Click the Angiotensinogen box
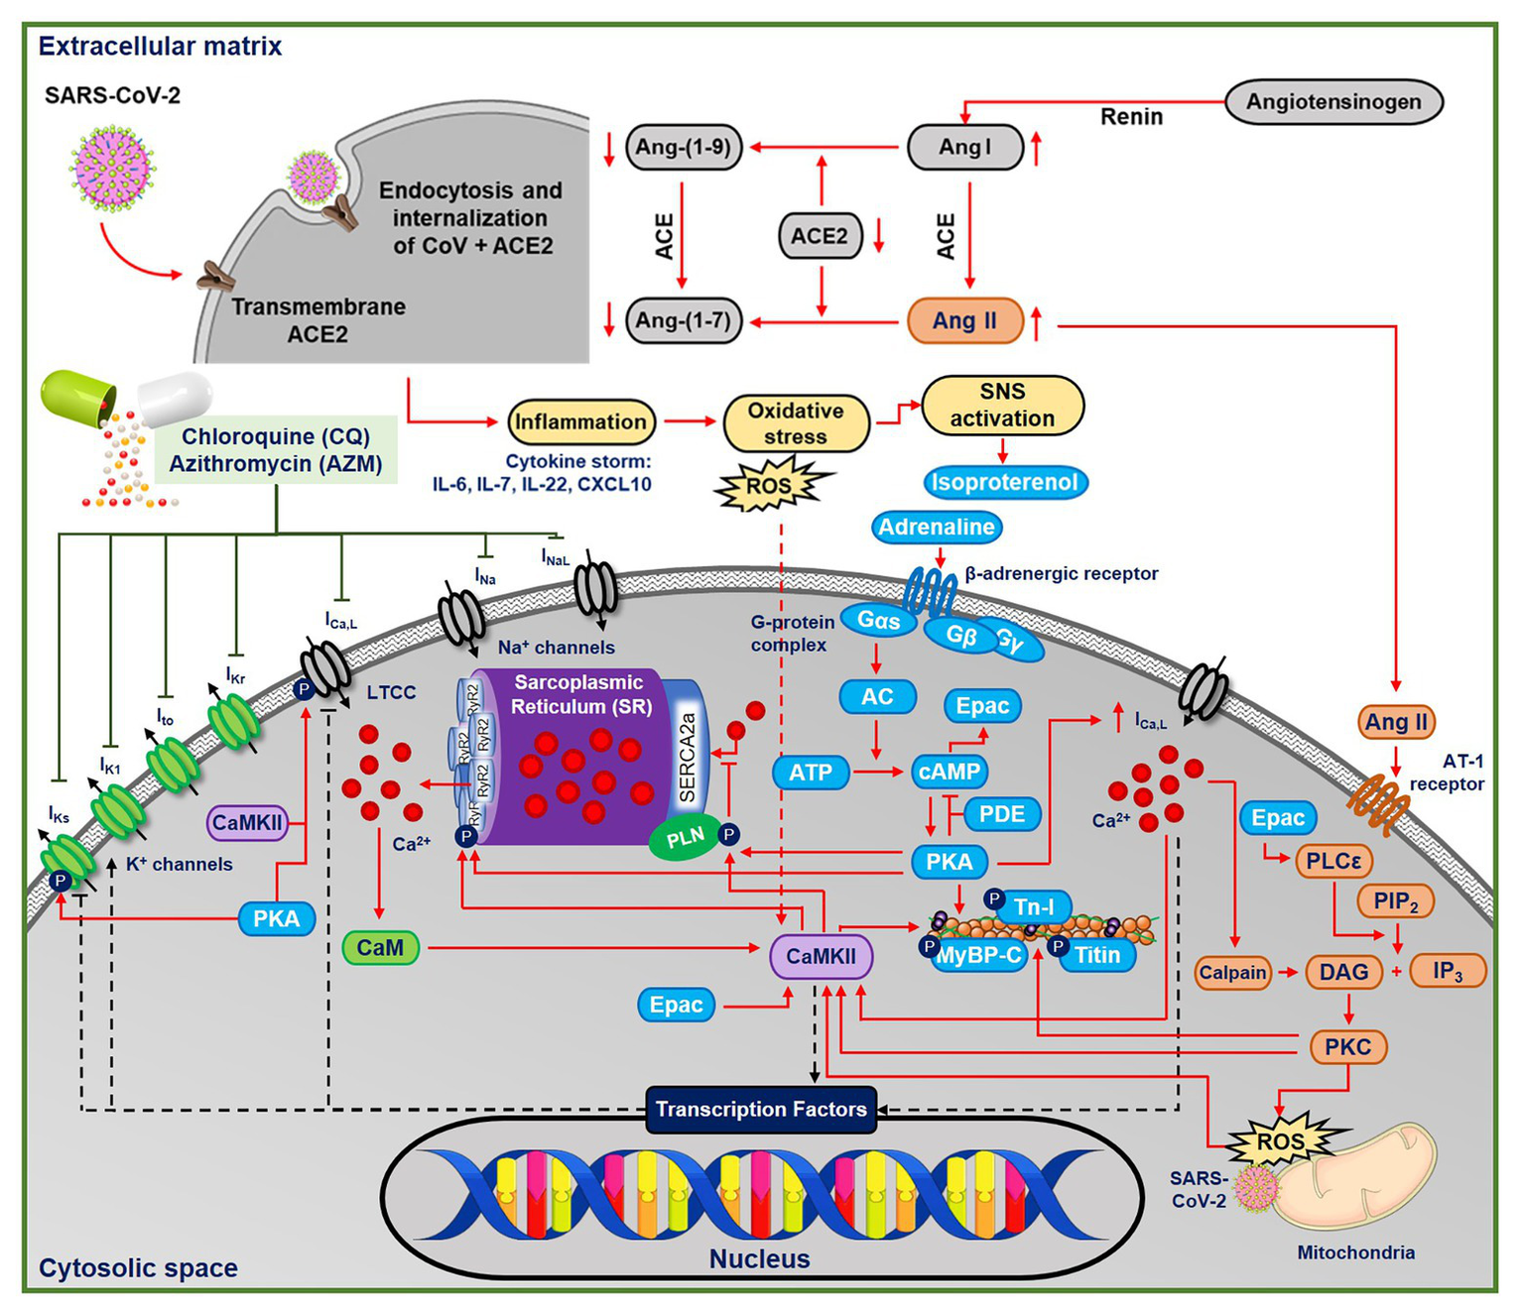1333,102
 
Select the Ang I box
964,148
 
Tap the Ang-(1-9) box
684,148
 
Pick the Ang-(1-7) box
684,321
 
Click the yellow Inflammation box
580,422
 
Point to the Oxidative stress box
796,423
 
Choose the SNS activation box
1002,405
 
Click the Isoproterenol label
1004,483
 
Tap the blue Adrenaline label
937,528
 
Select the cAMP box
950,772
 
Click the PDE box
1001,814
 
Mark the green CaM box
380,948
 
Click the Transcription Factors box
761,1110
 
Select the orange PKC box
1347,1047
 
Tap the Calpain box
1232,973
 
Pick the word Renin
1131,117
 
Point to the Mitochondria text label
1355,1253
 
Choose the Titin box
1097,955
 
